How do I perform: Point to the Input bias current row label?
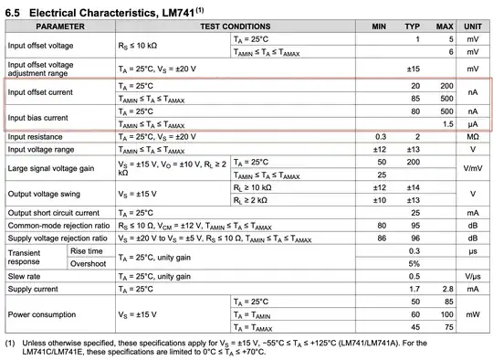(x=39, y=117)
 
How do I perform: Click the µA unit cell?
(x=473, y=123)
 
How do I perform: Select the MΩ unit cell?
(x=473, y=136)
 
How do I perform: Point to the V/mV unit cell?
(x=473, y=168)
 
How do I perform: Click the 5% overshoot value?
(x=414, y=263)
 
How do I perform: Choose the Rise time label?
(x=86, y=250)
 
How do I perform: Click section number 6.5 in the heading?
(x=16, y=10)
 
